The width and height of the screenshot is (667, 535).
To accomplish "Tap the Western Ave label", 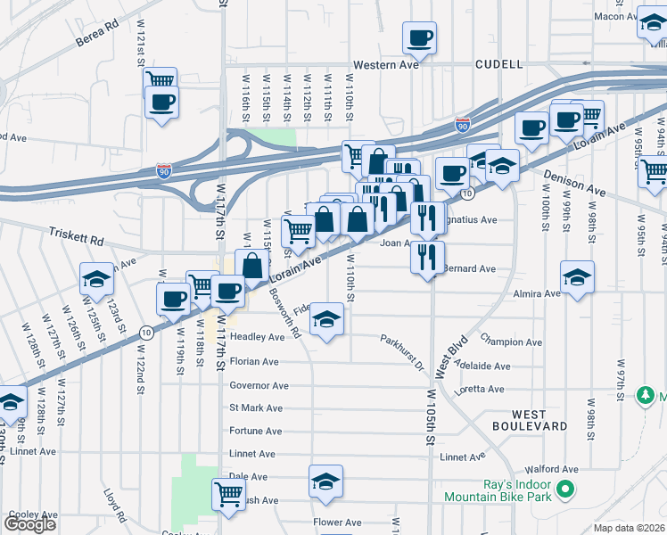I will pos(385,65).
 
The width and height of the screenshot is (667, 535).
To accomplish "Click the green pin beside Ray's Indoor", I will pos(564,490).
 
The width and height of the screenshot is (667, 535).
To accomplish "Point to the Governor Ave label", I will pos(259,386).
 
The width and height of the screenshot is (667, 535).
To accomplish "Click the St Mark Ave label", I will pos(256,408).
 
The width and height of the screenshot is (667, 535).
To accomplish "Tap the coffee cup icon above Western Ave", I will pos(419,37).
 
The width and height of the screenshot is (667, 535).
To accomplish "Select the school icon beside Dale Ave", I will pos(326,481).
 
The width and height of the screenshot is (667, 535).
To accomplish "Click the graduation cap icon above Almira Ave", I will pos(577,276).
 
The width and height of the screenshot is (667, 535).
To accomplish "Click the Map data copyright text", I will pos(630,528).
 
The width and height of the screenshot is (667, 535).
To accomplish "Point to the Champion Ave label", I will pos(510,342).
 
